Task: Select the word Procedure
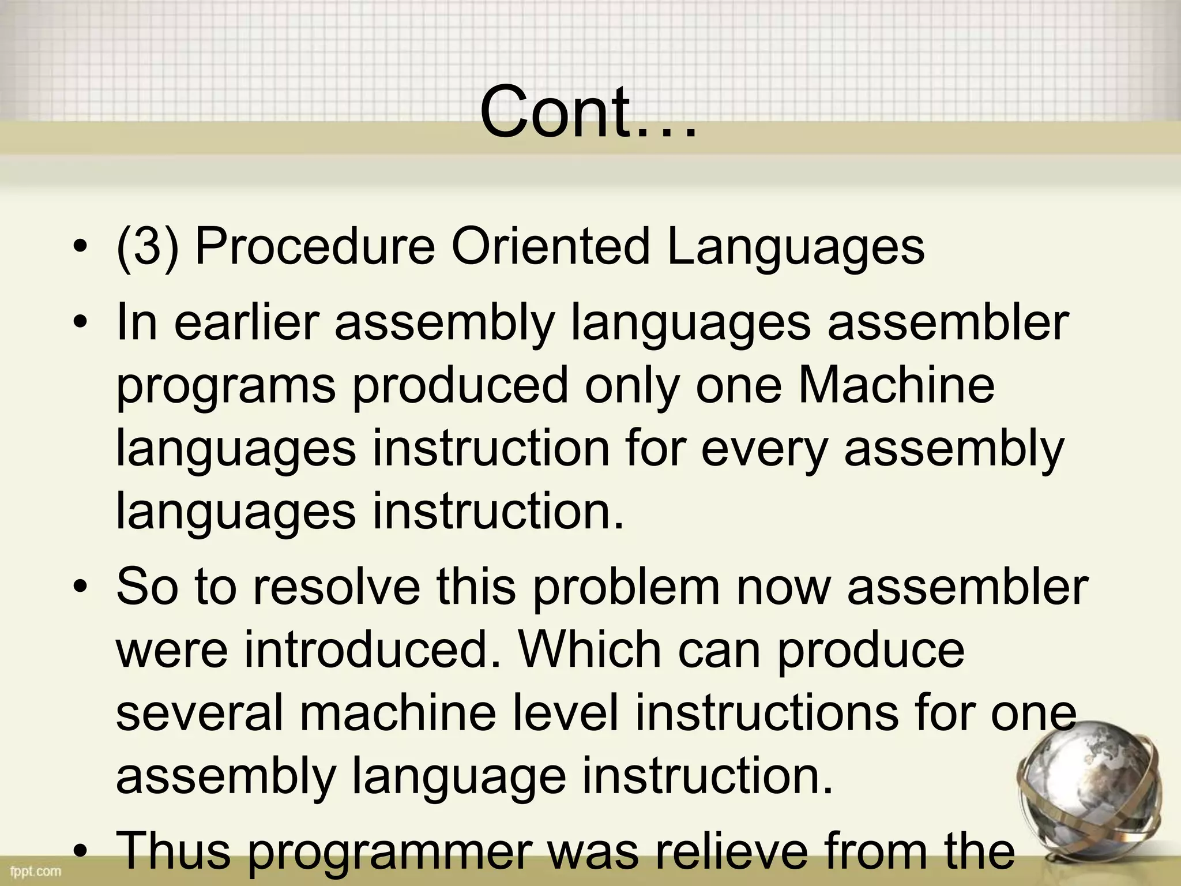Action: (315, 247)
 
